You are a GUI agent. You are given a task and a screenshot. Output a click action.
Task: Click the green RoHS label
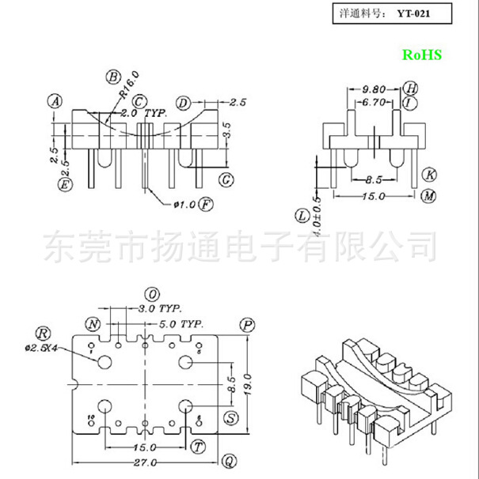coord(423,55)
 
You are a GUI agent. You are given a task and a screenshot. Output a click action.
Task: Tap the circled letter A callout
coord(55,101)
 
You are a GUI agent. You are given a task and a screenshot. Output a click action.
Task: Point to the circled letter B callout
coord(113,77)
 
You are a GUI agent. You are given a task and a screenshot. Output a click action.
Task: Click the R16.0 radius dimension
coord(130,84)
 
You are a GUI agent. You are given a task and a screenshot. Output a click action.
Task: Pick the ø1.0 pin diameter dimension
coord(184,205)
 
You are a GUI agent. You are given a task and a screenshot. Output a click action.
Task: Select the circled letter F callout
coord(206,204)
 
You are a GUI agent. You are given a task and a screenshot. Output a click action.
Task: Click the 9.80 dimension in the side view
coord(374,89)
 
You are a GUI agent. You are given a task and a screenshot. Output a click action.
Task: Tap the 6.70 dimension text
coord(373,103)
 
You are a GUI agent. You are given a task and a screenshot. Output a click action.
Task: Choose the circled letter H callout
coord(409,88)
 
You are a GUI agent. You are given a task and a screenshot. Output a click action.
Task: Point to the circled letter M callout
coord(428,196)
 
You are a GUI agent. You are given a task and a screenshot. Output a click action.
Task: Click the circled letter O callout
coord(152,292)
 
